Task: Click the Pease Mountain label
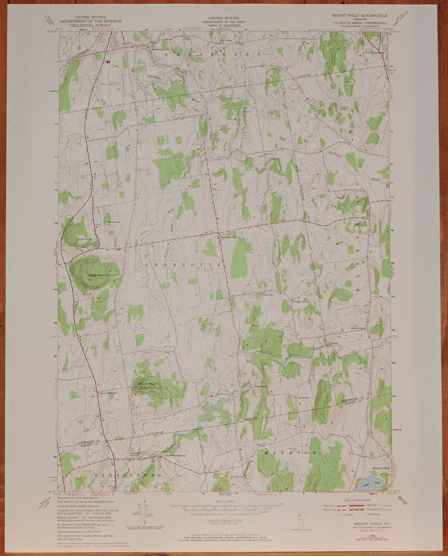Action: (99, 275)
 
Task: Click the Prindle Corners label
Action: (300, 301)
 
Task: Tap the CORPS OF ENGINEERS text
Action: (221, 25)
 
